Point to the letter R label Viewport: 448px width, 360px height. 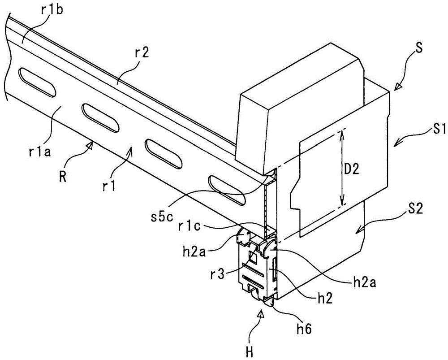coord(63,177)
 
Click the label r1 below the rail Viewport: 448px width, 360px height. coord(110,186)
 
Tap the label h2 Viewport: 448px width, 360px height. coord(324,299)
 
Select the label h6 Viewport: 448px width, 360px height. coord(304,329)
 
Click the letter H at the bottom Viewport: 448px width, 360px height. coord(250,351)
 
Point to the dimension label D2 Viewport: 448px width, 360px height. coord(351,169)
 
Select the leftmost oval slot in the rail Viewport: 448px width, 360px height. coord(37,82)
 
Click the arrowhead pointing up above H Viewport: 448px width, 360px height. coord(260,315)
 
